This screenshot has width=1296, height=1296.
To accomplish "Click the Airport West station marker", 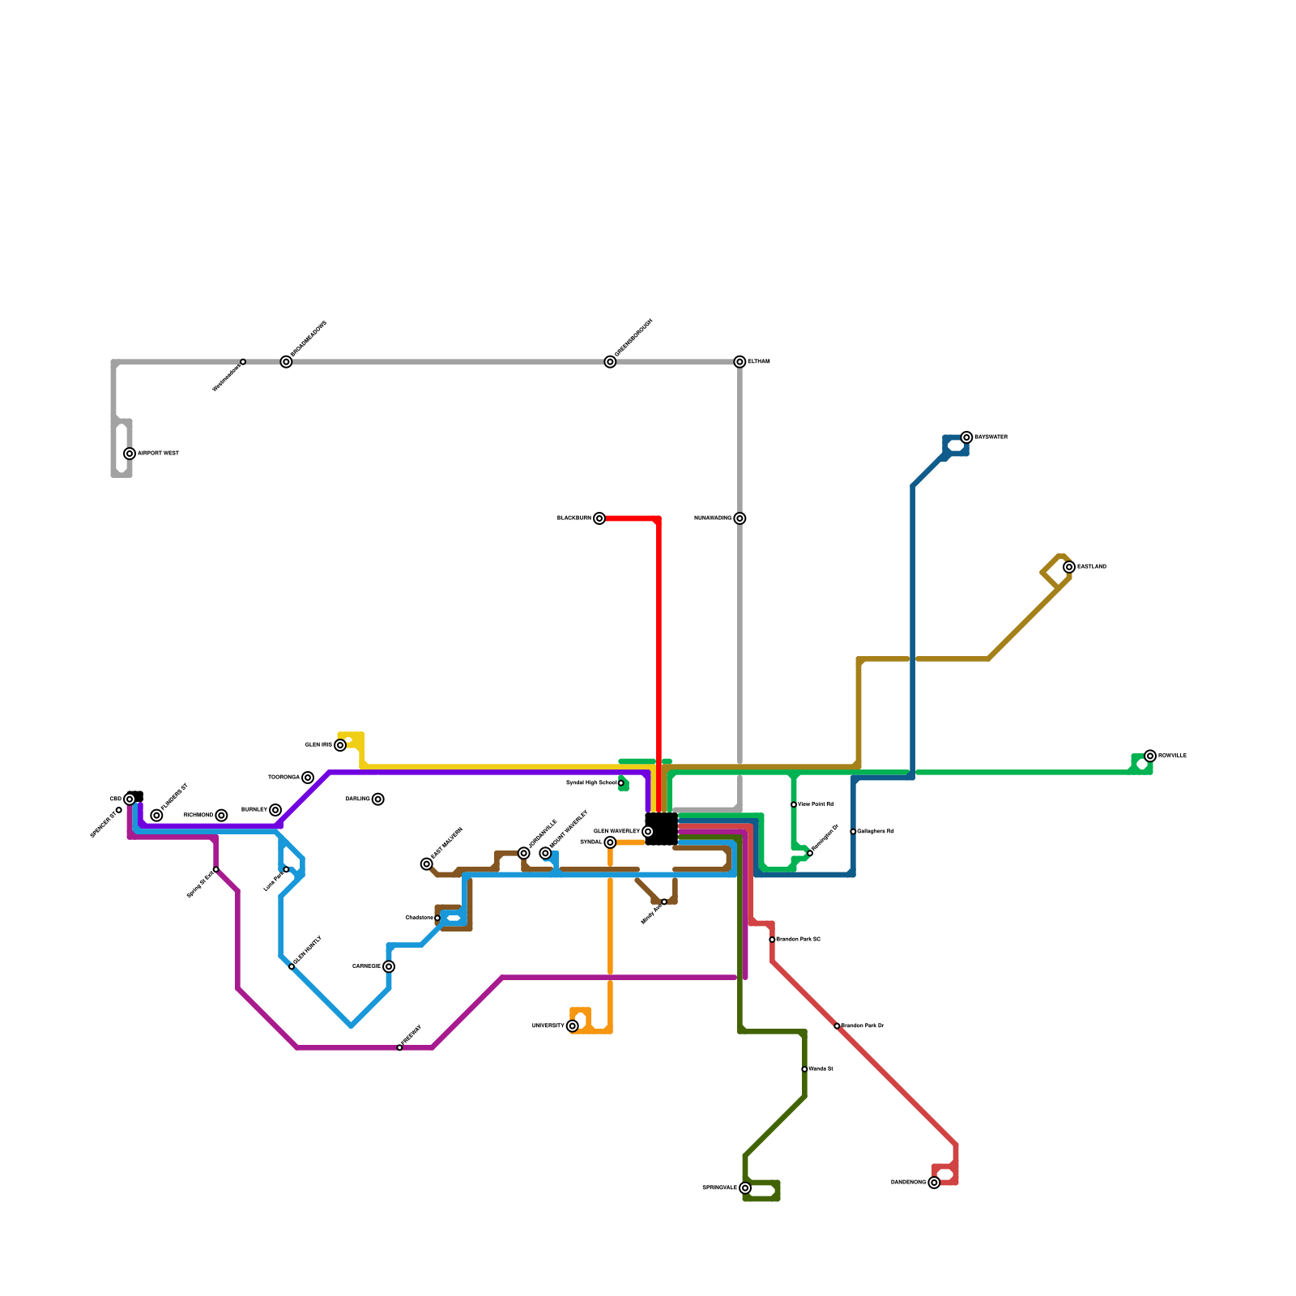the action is click(x=130, y=454).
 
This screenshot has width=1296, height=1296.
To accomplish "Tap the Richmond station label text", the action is click(x=198, y=815).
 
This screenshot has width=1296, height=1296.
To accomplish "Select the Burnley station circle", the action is click(x=275, y=810).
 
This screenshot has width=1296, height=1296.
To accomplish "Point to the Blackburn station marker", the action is click(x=599, y=518).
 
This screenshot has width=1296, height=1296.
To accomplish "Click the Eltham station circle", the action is click(x=740, y=362).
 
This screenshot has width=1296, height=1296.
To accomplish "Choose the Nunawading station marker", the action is click(x=740, y=518).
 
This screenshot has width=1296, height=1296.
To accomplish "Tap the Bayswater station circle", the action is click(x=966, y=437).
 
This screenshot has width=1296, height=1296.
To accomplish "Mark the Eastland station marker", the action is click(x=1069, y=567).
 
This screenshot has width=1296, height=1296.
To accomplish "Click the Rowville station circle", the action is click(x=1150, y=756).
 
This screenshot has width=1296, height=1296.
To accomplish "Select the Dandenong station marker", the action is click(x=934, y=1183).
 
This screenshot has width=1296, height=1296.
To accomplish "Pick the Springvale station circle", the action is click(x=745, y=1188).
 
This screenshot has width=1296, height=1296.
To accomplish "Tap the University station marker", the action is click(x=573, y=1026).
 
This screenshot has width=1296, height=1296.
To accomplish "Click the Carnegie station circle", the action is click(x=389, y=966).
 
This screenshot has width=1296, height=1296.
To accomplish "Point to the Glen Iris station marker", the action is click(x=340, y=745).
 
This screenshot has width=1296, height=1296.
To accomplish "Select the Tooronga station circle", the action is click(x=308, y=778).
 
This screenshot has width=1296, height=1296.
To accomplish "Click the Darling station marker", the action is click(x=378, y=799).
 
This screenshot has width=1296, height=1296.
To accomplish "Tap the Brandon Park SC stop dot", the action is click(x=772, y=940).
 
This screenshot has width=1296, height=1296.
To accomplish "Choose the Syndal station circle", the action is click(x=610, y=842).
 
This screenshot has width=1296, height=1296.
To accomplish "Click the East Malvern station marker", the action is click(x=427, y=864).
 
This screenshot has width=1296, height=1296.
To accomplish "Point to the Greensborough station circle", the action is click(x=610, y=362).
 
